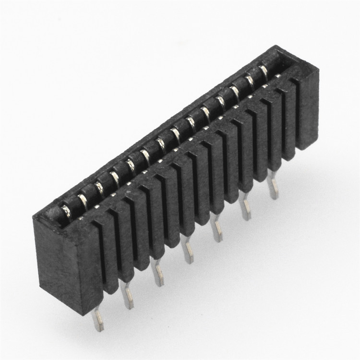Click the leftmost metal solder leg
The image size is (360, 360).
coord(98,319)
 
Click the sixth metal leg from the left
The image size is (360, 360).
coord(246,210)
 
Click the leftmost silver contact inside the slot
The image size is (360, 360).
coord(65,210)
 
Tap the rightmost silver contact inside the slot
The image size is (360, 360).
coord(264,72)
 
